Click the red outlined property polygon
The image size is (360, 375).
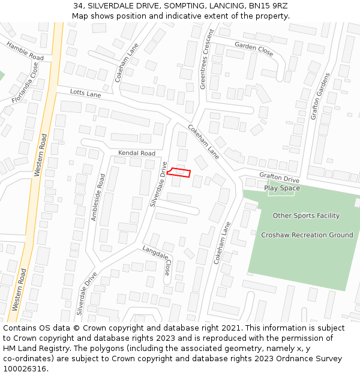pyautogui.click(x=179, y=173)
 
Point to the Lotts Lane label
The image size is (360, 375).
pyautogui.click(x=85, y=93)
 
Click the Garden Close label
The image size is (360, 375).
pyautogui.click(x=254, y=49)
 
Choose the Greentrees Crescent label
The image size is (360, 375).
pyautogui.click(x=206, y=59)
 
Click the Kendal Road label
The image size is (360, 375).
pyautogui.click(x=136, y=153)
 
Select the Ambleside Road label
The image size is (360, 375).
pyautogui.click(x=97, y=197)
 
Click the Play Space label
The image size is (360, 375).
pyautogui.click(x=282, y=188)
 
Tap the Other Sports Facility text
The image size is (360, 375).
pyautogui.click(x=306, y=215)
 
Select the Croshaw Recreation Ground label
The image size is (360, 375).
pyautogui.click(x=307, y=235)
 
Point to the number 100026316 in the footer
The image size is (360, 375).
pyautogui.click(x=25, y=369)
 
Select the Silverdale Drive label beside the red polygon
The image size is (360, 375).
pyautogui.click(x=159, y=184)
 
